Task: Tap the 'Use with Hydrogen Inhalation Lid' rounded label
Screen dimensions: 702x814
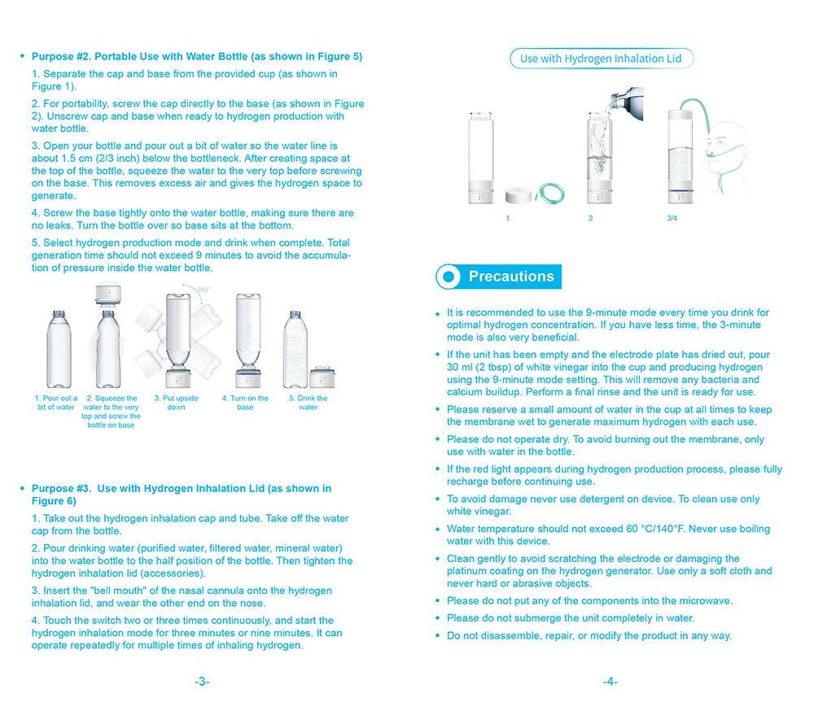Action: pyautogui.click(x=601, y=59)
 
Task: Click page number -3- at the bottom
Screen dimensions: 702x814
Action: pyautogui.click(x=202, y=682)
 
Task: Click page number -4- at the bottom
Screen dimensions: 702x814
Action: pyautogui.click(x=610, y=682)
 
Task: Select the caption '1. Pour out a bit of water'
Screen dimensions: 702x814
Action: pyautogui.click(x=56, y=403)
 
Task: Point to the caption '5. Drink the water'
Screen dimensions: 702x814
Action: pyautogui.click(x=308, y=403)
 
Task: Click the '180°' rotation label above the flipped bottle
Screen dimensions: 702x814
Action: pyautogui.click(x=203, y=290)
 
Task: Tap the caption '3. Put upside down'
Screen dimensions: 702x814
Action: pyautogui.click(x=176, y=403)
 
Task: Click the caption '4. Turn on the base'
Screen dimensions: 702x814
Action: pyautogui.click(x=245, y=403)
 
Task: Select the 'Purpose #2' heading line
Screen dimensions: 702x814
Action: pyautogui.click(x=196, y=57)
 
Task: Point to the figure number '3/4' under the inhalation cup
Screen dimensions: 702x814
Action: pyautogui.click(x=672, y=219)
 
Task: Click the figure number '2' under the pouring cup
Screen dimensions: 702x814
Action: pyautogui.click(x=591, y=219)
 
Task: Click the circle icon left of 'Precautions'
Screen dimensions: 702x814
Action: pyautogui.click(x=449, y=277)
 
